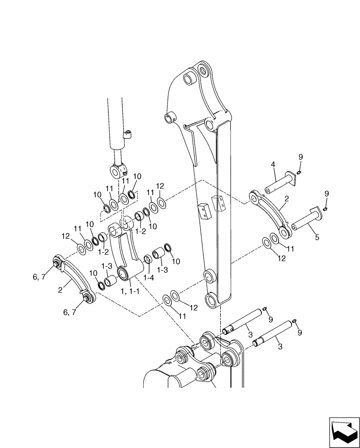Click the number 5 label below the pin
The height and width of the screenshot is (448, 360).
click(317, 237)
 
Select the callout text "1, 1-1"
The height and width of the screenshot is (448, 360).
click(130, 292)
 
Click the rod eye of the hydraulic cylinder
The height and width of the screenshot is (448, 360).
click(118, 171)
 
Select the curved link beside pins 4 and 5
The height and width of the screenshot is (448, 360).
click(269, 213)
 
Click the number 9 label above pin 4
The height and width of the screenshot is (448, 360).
click(300, 157)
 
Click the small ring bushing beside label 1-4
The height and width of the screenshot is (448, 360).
click(146, 259)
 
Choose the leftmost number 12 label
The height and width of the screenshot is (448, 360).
click(65, 235)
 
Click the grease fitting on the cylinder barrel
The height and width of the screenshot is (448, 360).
click(128, 134)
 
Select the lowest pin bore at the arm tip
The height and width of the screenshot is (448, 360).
click(212, 300)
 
